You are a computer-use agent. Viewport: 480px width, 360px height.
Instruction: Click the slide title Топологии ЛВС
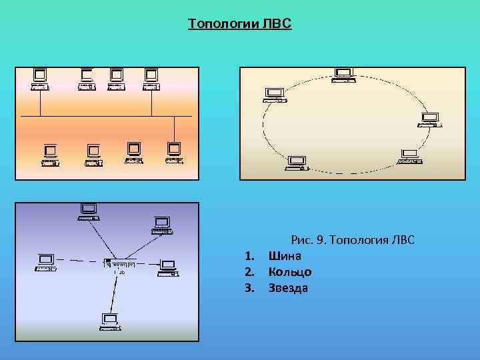(x=239, y=25)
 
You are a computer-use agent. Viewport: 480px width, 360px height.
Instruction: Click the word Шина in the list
(x=285, y=255)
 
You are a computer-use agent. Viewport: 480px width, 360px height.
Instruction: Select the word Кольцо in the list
(x=290, y=271)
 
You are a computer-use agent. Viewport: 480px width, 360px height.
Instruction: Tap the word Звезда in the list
(x=288, y=288)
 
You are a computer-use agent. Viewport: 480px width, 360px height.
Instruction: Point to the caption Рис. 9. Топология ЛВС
(x=353, y=239)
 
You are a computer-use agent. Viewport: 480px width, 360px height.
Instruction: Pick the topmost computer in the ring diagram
(x=344, y=75)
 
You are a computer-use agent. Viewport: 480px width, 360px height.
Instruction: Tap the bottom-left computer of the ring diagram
(x=295, y=163)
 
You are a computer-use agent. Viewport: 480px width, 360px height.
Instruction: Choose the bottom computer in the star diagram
(x=109, y=322)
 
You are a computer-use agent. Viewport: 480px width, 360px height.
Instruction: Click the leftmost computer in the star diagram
(x=46, y=262)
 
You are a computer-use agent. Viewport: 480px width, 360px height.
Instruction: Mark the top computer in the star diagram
(x=89, y=211)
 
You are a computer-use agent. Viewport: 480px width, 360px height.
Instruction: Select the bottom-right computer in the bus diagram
(x=174, y=153)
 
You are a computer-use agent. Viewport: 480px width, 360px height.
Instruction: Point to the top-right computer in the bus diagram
(x=151, y=79)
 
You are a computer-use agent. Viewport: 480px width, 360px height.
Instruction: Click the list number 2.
(x=249, y=271)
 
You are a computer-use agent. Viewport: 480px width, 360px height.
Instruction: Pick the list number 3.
(x=249, y=288)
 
